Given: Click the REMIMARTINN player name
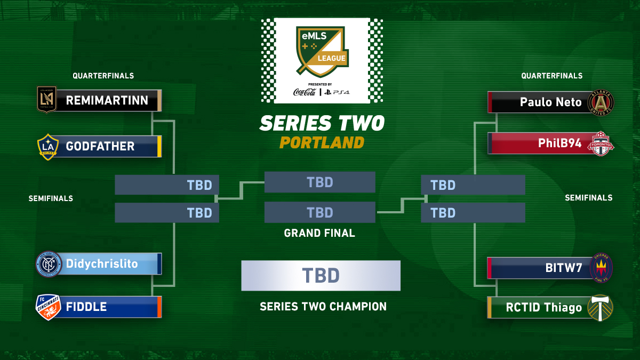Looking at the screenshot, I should (x=107, y=100).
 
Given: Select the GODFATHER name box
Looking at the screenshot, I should (x=100, y=146).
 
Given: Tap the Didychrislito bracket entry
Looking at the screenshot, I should (x=102, y=263).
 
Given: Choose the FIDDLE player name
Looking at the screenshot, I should (x=86, y=307).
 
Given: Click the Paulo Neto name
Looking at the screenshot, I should (x=550, y=102).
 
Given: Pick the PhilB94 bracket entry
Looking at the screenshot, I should (x=559, y=143).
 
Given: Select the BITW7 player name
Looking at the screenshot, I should (x=563, y=268).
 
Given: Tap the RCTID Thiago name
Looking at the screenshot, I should (x=543, y=307).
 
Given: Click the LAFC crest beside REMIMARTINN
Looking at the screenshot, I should (x=46, y=100).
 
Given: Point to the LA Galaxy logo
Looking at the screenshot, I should (x=47, y=146).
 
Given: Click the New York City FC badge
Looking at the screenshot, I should (x=48, y=264).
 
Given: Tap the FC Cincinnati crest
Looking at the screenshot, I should (x=47, y=307).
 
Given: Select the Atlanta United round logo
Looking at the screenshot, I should (x=601, y=102).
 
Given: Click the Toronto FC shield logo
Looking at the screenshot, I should (x=601, y=144).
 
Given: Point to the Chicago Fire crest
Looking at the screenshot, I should (x=601, y=268).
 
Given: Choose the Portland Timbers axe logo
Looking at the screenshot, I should (x=601, y=308).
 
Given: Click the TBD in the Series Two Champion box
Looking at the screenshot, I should (x=321, y=276).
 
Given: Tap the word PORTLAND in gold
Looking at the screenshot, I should (x=322, y=143).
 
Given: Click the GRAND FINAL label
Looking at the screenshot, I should (x=319, y=233).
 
